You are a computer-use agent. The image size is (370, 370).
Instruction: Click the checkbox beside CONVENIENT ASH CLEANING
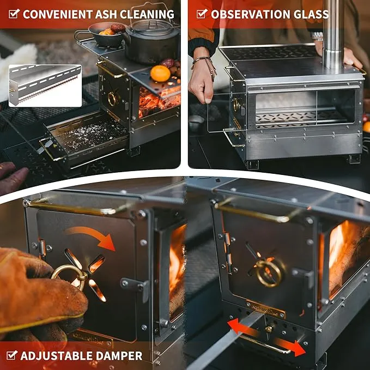14,14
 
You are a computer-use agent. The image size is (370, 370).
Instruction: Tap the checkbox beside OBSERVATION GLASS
202,14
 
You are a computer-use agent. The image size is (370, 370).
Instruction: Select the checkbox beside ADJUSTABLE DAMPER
12,355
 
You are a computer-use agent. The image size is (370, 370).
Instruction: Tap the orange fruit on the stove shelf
160,74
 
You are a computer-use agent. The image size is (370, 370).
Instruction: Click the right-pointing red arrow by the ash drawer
290,347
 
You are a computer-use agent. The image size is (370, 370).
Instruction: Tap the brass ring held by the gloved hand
69,277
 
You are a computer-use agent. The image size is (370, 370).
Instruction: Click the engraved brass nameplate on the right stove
265,309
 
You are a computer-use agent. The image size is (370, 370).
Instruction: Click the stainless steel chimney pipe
333,34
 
